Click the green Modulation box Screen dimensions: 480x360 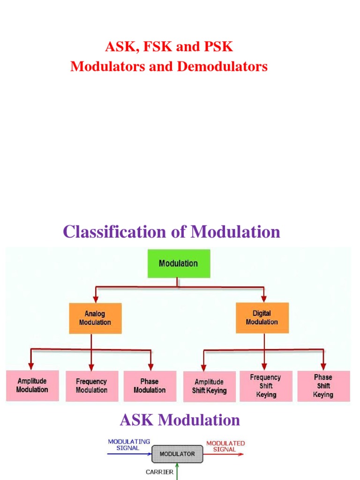pos(179,263)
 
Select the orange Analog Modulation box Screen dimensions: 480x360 pos(95,318)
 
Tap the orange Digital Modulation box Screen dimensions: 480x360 pos(262,318)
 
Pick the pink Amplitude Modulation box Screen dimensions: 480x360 pos(32,385)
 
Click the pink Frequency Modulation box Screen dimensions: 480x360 pos(92,386)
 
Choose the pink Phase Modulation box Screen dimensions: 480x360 pos(150,386)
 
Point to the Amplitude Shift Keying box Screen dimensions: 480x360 pos(209,386)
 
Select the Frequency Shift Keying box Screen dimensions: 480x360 pos(266,386)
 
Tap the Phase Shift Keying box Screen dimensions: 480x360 pos(323,386)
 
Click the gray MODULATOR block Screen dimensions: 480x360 pos(177,454)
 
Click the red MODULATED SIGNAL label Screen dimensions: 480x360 pos(225,446)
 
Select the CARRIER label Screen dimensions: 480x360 pos(159,472)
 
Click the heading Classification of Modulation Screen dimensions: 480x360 pos(172,232)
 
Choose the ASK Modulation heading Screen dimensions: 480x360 pos(180,420)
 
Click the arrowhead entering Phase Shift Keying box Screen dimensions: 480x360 pos(323,366)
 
